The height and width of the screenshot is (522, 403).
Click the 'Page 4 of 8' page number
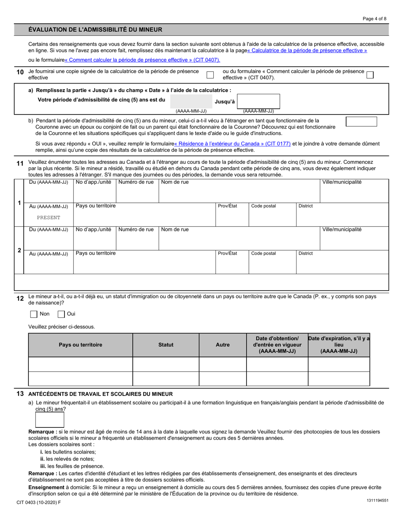click(x=375, y=19)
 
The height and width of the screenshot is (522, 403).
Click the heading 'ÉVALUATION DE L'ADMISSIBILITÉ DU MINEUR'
click(x=95, y=30)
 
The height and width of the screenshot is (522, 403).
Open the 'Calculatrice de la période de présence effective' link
click(x=307, y=51)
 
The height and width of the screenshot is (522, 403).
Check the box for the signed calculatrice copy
click(x=210, y=75)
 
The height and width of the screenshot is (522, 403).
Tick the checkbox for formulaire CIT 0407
click(x=370, y=75)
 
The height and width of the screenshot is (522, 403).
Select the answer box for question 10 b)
click(x=361, y=122)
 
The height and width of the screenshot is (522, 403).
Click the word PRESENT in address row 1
click(x=48, y=217)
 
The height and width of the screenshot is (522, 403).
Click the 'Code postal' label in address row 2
click(x=263, y=253)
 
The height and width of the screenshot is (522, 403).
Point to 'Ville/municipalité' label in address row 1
click(x=342, y=182)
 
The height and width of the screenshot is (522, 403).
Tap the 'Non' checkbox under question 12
click(x=34, y=314)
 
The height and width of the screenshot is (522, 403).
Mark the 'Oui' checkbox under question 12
click(x=61, y=314)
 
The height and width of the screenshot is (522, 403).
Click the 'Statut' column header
click(x=165, y=345)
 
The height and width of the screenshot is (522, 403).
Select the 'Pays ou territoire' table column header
click(x=80, y=345)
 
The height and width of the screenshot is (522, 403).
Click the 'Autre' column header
click(x=222, y=345)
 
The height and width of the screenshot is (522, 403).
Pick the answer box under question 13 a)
click(x=50, y=420)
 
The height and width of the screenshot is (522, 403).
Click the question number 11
click(x=20, y=163)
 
